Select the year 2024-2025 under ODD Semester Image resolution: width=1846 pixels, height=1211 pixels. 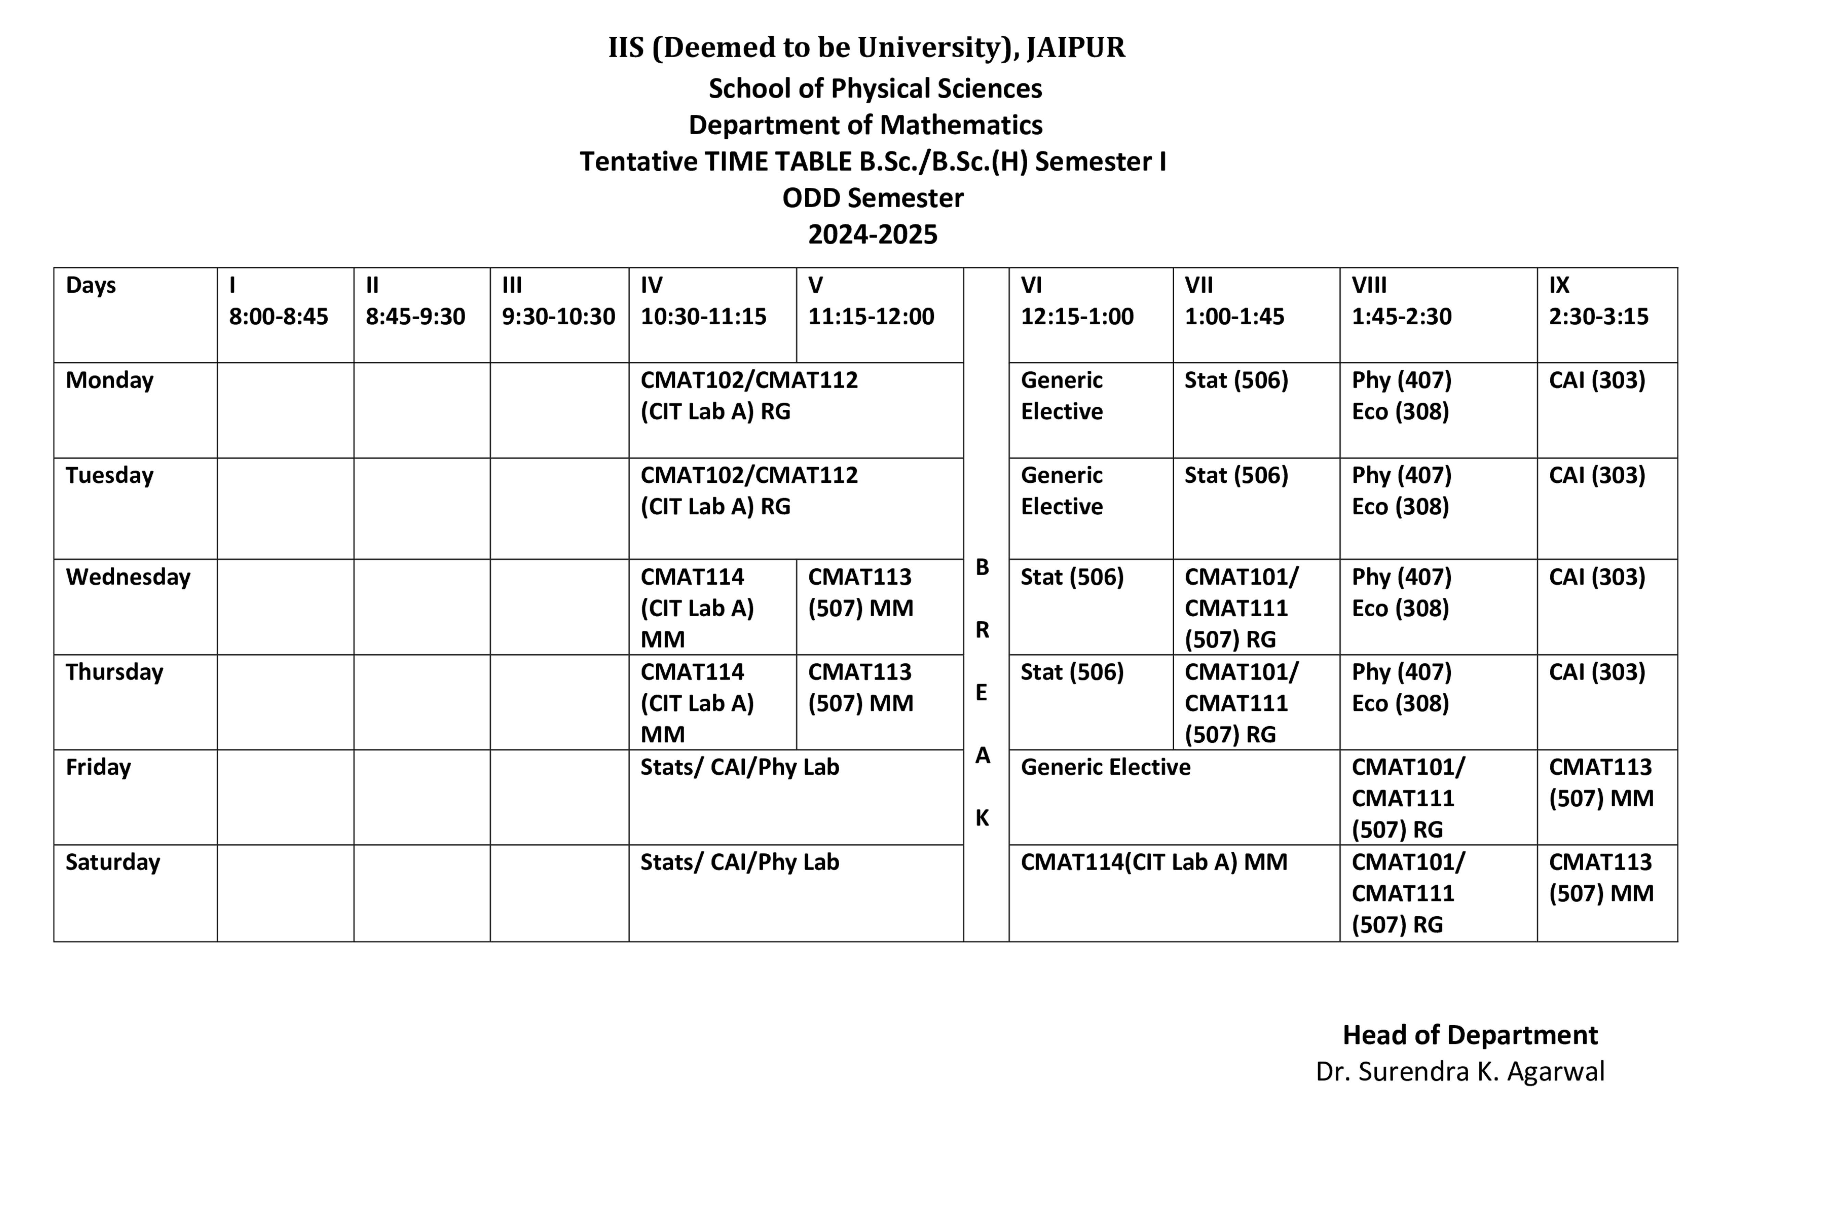tap(872, 234)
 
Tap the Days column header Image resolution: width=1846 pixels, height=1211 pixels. tap(91, 285)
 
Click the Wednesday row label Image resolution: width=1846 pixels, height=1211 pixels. tap(128, 577)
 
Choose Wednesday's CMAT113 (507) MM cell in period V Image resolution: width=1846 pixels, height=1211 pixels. tap(860, 593)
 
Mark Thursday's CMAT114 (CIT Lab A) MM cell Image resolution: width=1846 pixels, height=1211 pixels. tap(696, 703)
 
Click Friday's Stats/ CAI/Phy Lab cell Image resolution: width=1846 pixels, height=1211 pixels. tap(739, 767)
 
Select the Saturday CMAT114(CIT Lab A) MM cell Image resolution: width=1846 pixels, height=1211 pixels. tap(1153, 862)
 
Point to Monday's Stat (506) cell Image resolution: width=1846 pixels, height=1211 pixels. tap(1236, 380)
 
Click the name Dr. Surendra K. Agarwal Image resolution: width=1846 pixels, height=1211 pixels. tap(1460, 1071)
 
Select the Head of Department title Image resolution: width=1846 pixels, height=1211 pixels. tap(1470, 1035)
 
